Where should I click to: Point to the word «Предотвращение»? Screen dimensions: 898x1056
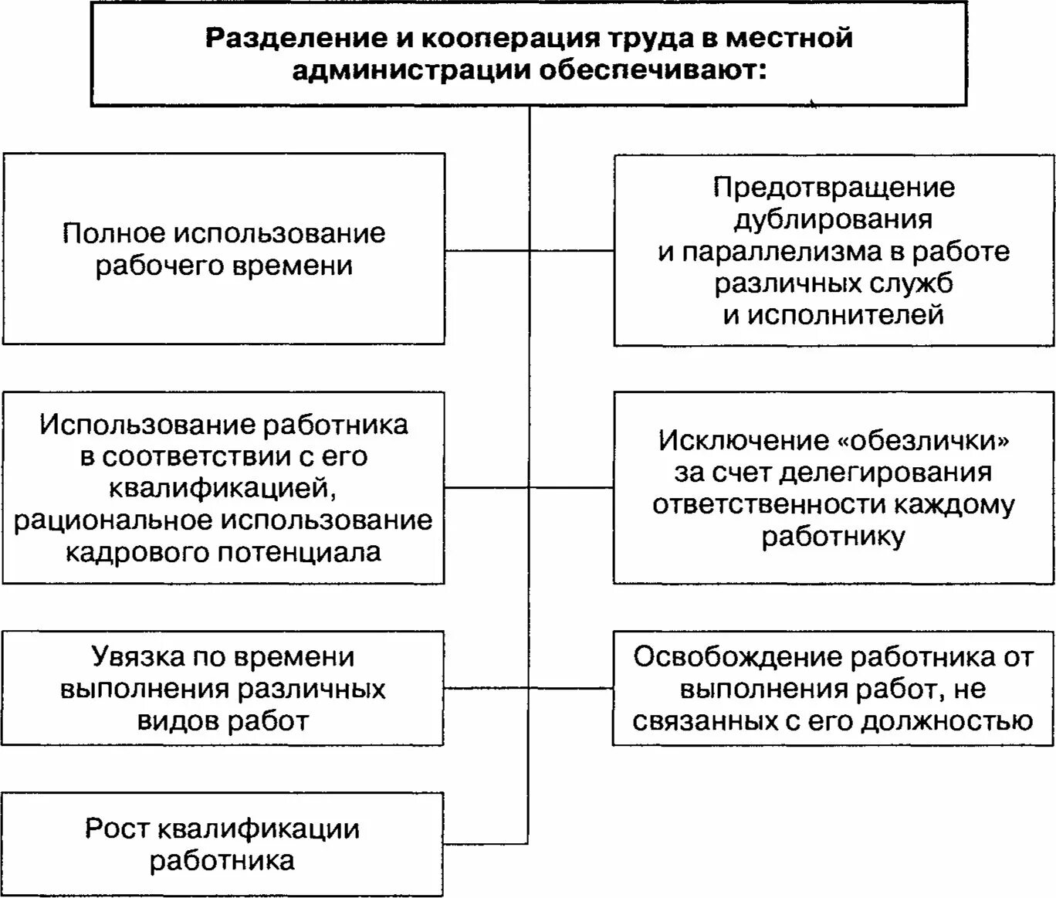point(834,188)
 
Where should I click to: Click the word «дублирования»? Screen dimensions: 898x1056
point(833,219)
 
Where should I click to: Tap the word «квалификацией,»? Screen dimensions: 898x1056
point(223,489)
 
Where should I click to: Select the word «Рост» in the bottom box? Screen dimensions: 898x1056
point(116,829)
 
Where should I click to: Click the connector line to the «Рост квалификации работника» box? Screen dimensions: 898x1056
point(486,842)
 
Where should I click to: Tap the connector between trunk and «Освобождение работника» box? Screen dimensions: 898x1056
point(571,687)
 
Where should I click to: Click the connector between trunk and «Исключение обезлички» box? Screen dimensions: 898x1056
point(571,488)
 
